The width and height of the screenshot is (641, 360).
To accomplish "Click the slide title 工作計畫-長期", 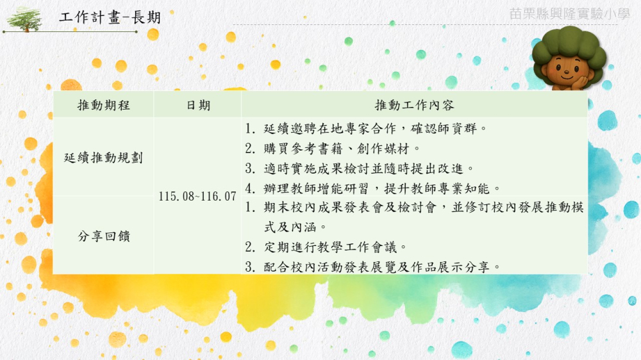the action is [110, 17].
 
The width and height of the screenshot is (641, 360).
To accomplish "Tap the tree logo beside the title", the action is [25, 19].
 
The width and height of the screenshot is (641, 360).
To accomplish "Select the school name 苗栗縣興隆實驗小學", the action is [569, 14].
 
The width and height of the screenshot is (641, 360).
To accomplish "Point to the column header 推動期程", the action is [103, 106].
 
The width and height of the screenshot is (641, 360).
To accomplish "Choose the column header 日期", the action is [198, 106].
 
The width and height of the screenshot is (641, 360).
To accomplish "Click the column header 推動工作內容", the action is [414, 106].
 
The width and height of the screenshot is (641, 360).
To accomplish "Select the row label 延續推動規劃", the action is [103, 158].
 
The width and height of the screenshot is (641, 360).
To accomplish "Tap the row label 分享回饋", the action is [104, 236].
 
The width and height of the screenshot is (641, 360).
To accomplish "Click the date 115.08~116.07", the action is [197, 197].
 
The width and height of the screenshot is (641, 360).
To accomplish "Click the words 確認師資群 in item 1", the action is [444, 129].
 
